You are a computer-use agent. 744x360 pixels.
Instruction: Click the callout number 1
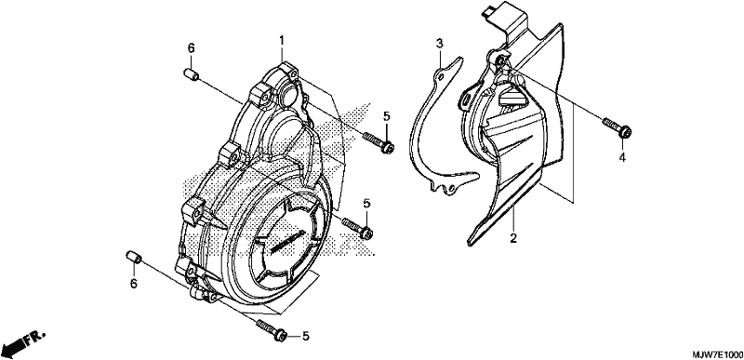[282, 41]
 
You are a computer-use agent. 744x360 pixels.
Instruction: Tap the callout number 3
[439, 44]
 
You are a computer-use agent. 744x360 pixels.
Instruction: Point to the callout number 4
[621, 157]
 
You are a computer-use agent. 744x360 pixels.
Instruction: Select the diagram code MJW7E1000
[715, 354]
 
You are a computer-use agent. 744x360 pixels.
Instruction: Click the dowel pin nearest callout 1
[191, 74]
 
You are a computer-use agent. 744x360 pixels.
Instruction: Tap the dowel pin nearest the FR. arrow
[134, 258]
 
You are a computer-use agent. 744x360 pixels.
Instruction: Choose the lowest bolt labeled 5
[272, 329]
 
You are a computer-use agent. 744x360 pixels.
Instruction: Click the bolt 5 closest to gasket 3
[379, 142]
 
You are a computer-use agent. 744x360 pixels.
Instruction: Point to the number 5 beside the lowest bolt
[306, 337]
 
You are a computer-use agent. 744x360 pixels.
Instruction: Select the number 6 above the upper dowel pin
[191, 47]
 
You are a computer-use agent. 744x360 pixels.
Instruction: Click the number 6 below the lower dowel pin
[134, 284]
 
